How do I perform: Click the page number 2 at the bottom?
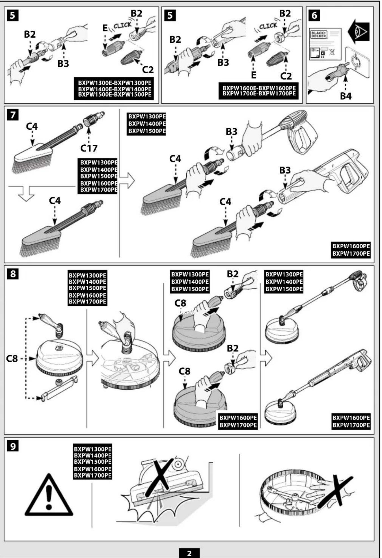pos(189,553)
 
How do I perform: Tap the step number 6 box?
pos(314,16)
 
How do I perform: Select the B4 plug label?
pos(346,96)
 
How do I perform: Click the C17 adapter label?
pos(89,148)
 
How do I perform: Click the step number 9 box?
pos(13,446)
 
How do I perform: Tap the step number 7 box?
pos(13,115)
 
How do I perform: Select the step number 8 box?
pos(13,274)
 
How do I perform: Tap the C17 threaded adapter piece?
pos(93,119)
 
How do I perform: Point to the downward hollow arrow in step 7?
pos(26,194)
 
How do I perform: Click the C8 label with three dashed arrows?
pos(12,359)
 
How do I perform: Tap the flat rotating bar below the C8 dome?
pos(59,389)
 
